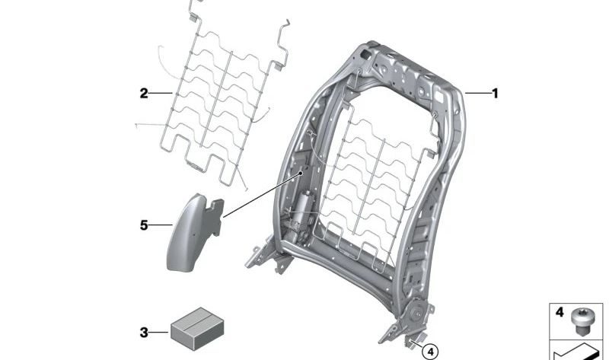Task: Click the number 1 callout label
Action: tap(495, 94)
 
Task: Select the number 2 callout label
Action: tap(144, 93)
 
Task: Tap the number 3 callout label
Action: tap(144, 333)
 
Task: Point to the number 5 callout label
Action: tap(144, 225)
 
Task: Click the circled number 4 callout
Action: tap(430, 352)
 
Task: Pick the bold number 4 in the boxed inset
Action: tap(560, 312)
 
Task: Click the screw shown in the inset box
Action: tap(581, 323)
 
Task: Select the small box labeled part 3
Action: tap(197, 329)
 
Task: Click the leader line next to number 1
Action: tap(478, 93)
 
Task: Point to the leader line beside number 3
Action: tap(158, 333)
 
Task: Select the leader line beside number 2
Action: tap(161, 93)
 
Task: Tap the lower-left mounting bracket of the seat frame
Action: tap(268, 256)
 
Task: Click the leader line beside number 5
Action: tap(161, 225)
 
